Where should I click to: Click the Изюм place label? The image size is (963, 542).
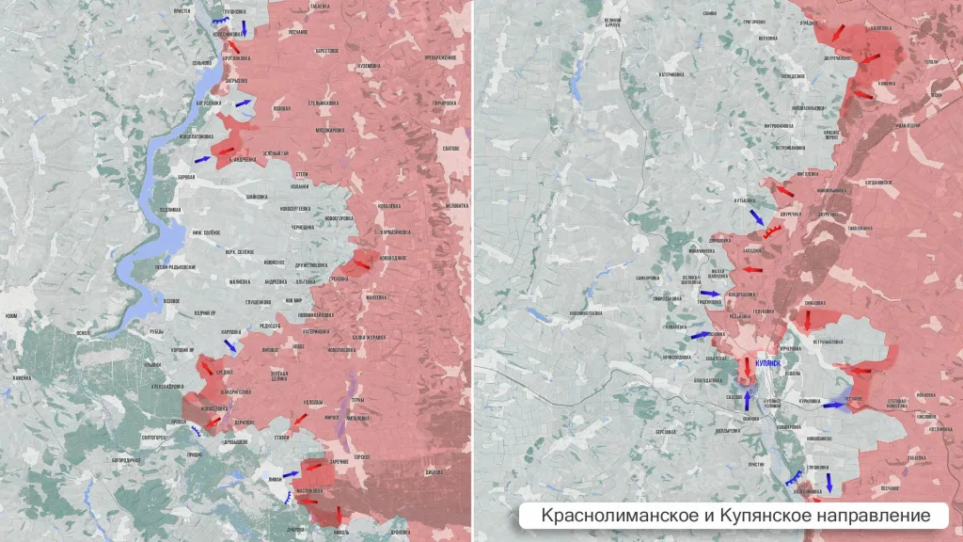[10, 316]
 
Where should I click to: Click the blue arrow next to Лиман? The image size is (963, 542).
[290, 473]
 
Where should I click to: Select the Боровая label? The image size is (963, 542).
[186, 177]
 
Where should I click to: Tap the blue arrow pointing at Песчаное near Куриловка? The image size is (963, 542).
[832, 405]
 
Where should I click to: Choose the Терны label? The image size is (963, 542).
[358, 400]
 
